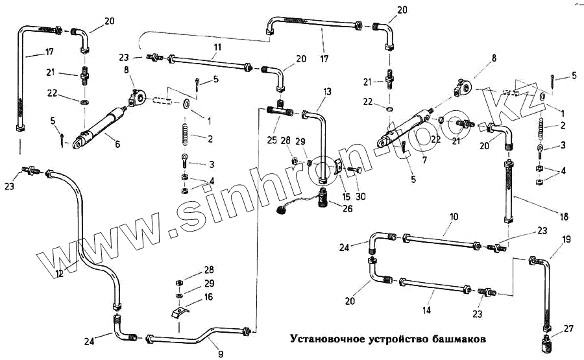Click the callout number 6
tap(117, 145)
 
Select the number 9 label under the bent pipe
tap(221, 354)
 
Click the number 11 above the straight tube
tap(217, 47)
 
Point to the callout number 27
tap(569, 328)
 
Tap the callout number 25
tap(271, 139)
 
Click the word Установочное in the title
tap(321, 339)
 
